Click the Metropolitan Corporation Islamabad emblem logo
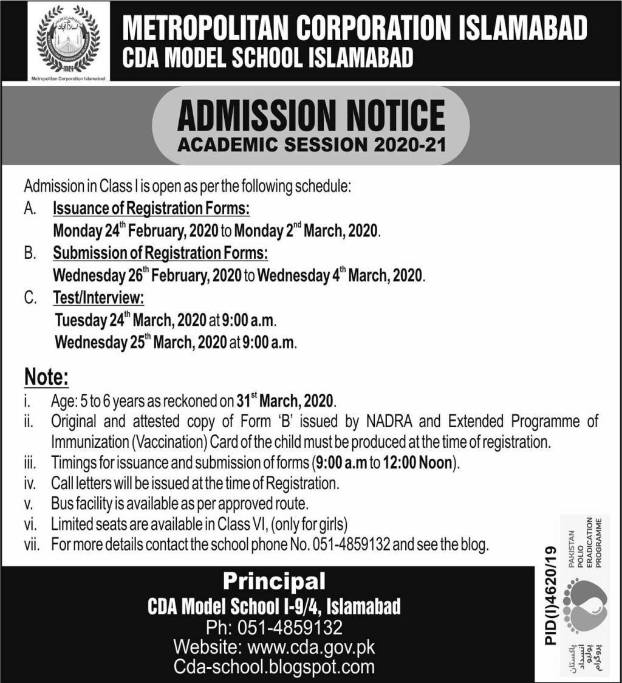coord(69,41)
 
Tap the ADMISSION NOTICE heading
coord(310,117)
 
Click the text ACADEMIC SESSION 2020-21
coord(310,146)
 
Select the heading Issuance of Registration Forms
coord(151,208)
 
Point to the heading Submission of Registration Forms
coord(160,253)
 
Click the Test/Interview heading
coord(98,298)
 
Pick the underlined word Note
coord(46,377)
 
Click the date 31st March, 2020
coord(285,401)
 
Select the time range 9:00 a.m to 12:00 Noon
coord(384,463)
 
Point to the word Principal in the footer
coord(274,582)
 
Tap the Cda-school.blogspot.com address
coord(274,667)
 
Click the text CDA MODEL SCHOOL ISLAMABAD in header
coord(267,58)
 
